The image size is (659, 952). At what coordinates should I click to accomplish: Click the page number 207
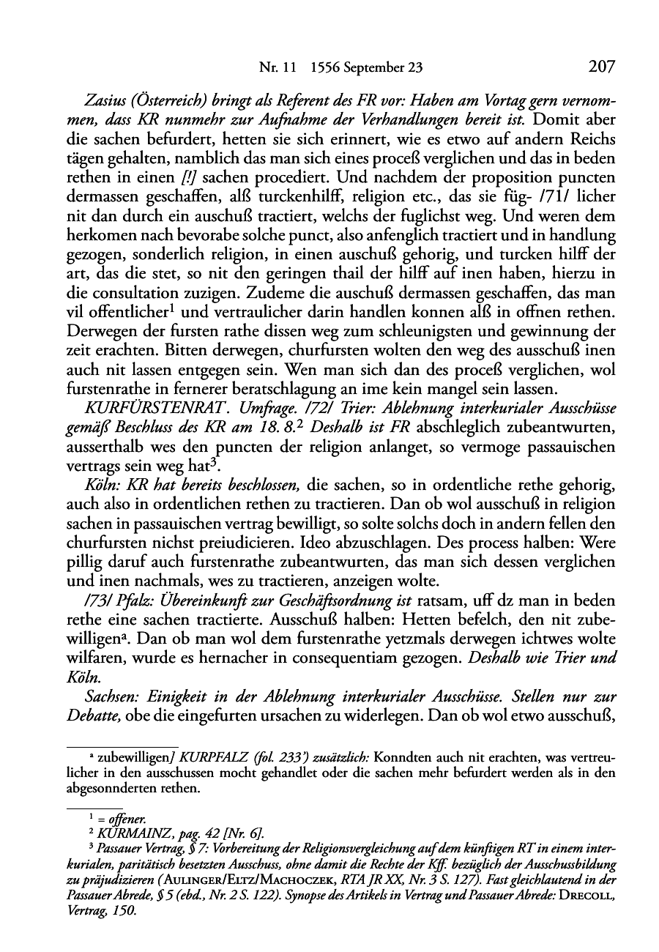point(600,67)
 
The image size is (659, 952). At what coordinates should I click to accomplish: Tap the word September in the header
point(376,68)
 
